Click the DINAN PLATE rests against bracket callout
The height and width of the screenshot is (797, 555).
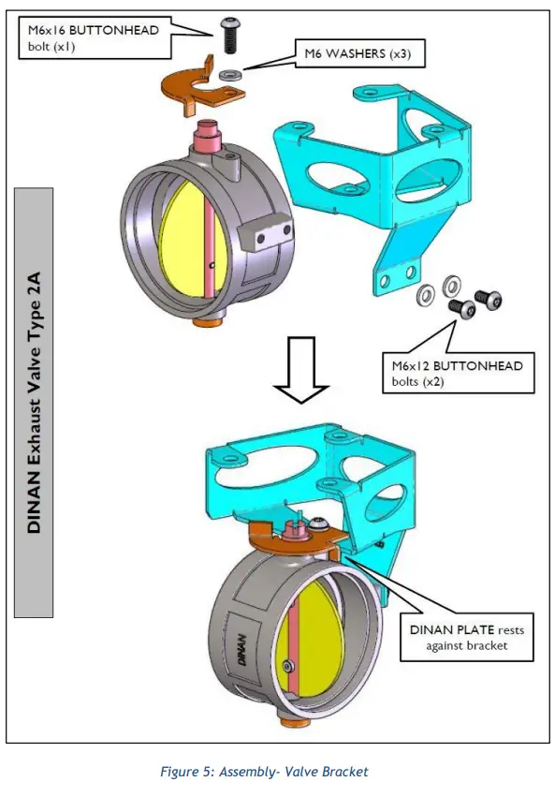(x=464, y=637)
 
